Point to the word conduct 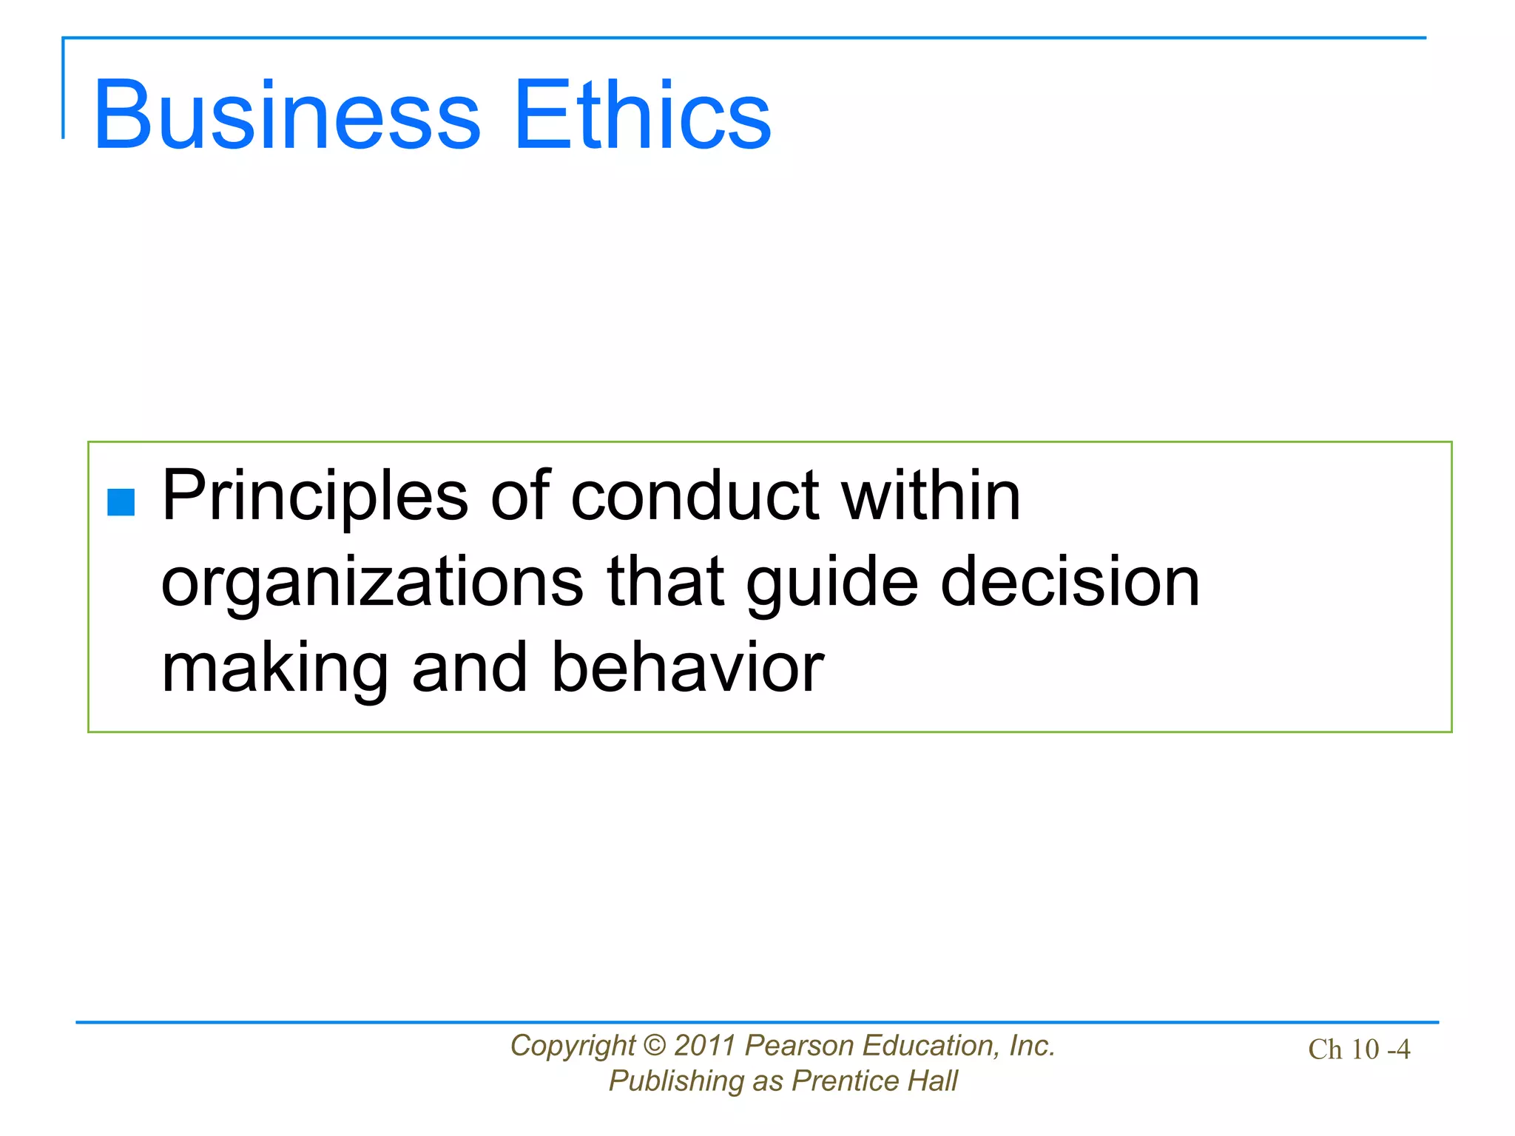pyautogui.click(x=695, y=496)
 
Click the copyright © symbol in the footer pyautogui.click(x=655, y=1045)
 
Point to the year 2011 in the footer pyautogui.click(x=705, y=1045)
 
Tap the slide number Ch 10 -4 pyautogui.click(x=1359, y=1049)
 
